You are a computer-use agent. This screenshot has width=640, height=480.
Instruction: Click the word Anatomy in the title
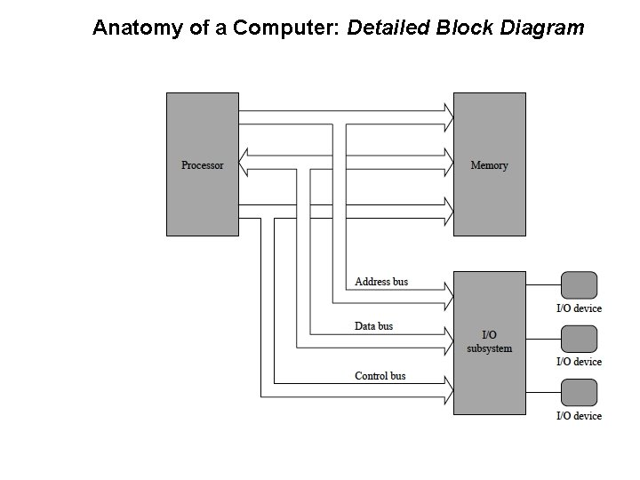(x=133, y=28)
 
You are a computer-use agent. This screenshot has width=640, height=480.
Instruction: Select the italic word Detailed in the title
(x=388, y=28)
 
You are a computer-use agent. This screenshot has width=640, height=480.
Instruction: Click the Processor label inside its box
(x=203, y=165)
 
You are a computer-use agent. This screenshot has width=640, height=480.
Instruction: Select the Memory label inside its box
(x=489, y=165)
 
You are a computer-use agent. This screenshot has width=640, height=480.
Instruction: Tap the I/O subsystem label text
(x=489, y=341)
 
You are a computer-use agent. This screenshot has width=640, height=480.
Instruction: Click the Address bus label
(x=381, y=282)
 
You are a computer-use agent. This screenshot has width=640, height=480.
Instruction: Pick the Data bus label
(x=373, y=326)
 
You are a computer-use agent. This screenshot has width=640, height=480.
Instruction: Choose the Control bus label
(x=380, y=376)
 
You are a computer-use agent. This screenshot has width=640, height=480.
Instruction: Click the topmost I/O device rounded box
(x=580, y=285)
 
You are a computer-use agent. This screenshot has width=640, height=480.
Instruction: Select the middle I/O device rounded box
(x=580, y=339)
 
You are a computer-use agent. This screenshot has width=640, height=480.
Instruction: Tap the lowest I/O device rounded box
(x=580, y=392)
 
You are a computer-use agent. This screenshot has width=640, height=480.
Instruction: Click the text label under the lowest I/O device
(x=579, y=416)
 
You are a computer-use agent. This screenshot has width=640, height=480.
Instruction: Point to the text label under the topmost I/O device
(x=579, y=308)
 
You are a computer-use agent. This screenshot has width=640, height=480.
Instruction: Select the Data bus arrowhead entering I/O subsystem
(x=447, y=340)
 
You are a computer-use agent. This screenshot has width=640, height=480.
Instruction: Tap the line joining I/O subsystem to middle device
(x=543, y=339)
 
